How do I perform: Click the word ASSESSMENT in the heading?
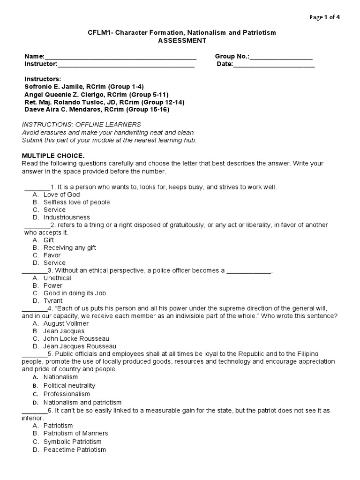tap(182, 40)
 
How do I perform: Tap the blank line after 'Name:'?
tap(120, 57)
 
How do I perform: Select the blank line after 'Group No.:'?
tap(281, 57)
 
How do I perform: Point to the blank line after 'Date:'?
tap(274, 64)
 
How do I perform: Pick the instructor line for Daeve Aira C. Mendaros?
tap(97, 109)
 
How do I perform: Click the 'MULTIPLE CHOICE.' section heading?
tap(53, 155)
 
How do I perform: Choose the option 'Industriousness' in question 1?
tap(67, 217)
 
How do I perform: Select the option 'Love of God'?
tap(61, 195)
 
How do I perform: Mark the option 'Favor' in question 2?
tap(52, 255)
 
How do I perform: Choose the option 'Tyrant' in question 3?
tap(53, 300)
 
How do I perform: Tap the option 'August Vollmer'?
tap(66, 323)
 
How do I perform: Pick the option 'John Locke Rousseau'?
tap(76, 338)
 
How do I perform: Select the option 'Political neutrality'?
tap(69, 385)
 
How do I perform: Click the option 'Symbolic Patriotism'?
tap(72, 442)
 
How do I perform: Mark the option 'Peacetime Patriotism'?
tap(75, 450)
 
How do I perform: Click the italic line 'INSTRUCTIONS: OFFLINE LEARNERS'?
tap(82, 125)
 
